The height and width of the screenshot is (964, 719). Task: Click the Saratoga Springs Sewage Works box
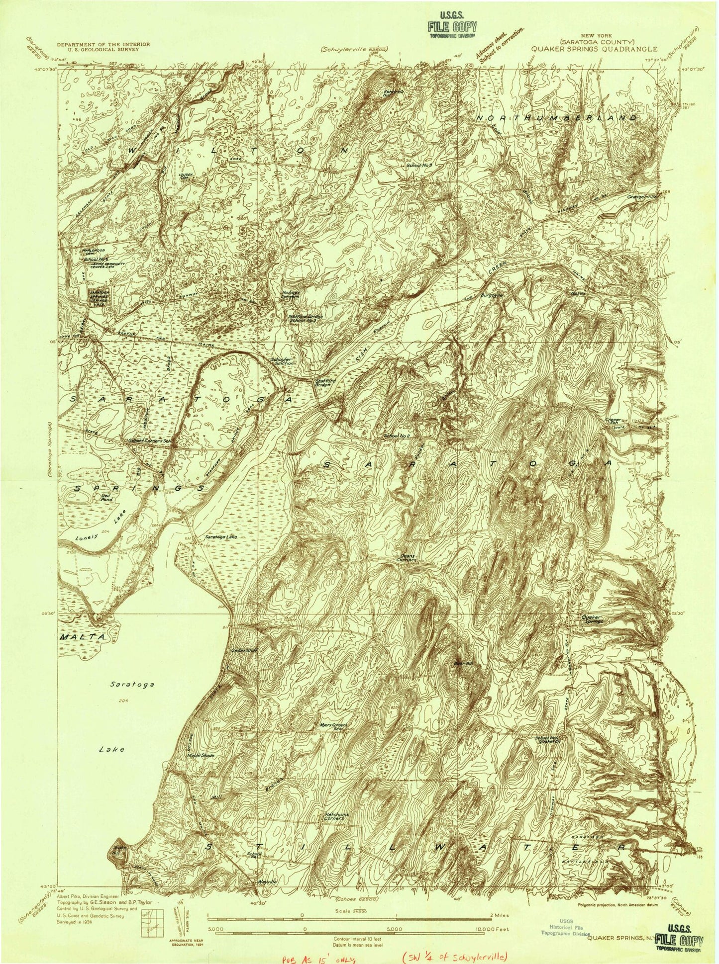(x=98, y=297)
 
